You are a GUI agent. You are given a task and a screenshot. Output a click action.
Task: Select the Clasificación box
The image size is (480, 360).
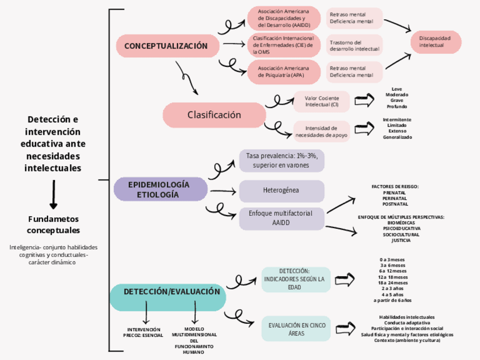(214, 115)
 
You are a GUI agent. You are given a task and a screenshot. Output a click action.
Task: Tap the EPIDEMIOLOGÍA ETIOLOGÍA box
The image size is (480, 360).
(161, 190)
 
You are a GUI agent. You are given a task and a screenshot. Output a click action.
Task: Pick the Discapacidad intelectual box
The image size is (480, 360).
(435, 41)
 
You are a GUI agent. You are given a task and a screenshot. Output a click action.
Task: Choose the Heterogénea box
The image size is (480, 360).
(281, 190)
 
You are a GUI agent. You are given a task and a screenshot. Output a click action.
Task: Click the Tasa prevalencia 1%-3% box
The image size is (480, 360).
(281, 161)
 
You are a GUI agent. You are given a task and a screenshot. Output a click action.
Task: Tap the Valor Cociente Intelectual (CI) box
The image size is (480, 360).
(322, 101)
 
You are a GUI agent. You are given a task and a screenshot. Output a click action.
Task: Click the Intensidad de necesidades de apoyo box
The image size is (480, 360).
(322, 131)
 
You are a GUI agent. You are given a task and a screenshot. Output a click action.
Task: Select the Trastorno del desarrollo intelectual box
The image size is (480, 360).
(354, 45)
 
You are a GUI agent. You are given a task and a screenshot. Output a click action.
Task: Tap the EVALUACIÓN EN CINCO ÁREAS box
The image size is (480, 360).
(296, 329)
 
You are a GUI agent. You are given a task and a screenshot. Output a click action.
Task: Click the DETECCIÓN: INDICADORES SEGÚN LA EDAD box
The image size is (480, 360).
(296, 279)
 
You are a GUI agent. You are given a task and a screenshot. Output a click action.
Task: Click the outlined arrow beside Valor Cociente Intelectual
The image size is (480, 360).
(365, 101)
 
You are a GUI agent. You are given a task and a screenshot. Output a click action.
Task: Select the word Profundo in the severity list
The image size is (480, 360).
(397, 106)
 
